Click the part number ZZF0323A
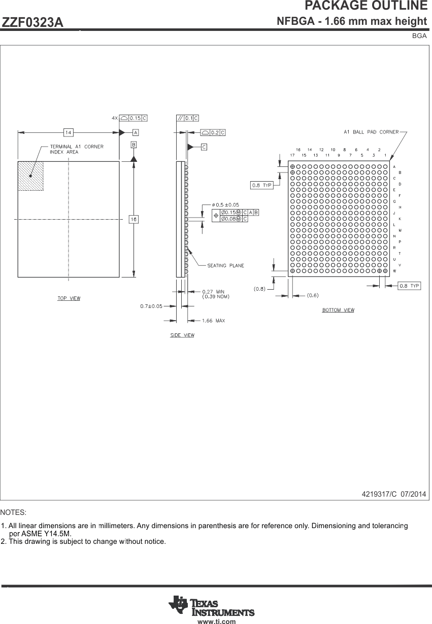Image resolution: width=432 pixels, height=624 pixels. pos(33,23)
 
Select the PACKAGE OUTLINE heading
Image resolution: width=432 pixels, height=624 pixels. pos(365,6)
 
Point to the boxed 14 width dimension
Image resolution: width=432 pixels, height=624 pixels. pos(68,132)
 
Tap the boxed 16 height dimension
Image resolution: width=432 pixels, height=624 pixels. pos(134,219)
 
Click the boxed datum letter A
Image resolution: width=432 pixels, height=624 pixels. pos(136,132)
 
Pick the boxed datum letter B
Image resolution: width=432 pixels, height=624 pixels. pos(134,145)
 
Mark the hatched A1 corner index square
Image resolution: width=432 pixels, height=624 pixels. pos(30,176)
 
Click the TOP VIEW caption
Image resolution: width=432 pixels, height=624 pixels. pos(69,298)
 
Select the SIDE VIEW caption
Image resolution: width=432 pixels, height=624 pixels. pos(182,335)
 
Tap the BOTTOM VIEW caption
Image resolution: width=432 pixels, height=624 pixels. pos(338,310)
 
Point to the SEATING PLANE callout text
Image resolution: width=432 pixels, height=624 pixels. pos(225,265)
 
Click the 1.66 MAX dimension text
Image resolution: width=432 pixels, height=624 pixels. pos(213,321)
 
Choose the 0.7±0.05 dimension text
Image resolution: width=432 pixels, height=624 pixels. pos(151,306)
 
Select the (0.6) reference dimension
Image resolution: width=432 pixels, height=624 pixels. pos(313,295)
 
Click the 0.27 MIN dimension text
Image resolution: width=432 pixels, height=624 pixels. pos(213,291)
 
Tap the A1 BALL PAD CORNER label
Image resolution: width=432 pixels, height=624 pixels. pos(371,132)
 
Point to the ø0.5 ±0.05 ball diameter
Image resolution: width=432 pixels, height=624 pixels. pos(225,204)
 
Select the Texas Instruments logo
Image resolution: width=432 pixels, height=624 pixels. pos(212,606)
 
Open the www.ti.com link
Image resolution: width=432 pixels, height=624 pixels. pos(217,621)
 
